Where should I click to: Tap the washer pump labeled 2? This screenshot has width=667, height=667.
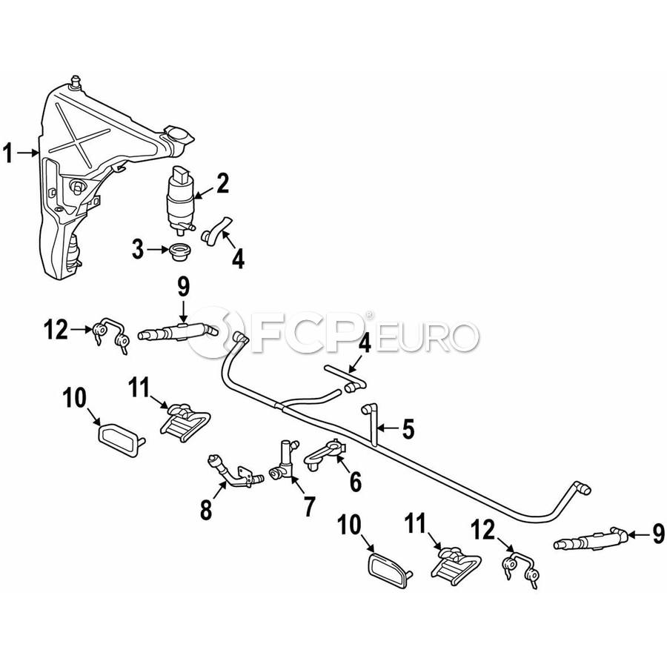coord(182,201)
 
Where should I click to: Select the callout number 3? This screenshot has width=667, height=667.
coord(138,249)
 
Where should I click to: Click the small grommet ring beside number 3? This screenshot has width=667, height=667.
coord(179,250)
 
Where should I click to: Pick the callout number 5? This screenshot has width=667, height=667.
coord(408,429)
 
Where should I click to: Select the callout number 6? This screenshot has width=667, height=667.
coord(355,482)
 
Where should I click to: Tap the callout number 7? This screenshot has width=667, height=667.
coord(308,506)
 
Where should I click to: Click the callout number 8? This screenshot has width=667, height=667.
coord(206,510)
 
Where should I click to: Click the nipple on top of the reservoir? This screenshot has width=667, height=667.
coord(76,82)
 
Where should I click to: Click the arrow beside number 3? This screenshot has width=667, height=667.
coord(158,249)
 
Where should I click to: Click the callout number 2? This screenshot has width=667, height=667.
coord(223,183)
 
